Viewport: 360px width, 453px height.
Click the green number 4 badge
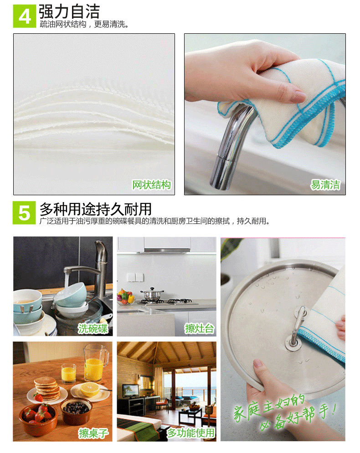[x=25, y=16]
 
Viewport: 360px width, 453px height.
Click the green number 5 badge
[x=24, y=213]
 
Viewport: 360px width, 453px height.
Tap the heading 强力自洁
[x=69, y=12]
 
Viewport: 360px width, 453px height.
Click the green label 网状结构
[x=151, y=185]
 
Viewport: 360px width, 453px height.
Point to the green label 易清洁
[x=325, y=185]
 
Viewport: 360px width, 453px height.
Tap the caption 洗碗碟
[x=93, y=328]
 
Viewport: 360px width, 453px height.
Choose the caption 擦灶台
[x=200, y=328]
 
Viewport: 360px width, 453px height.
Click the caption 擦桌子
[x=93, y=433]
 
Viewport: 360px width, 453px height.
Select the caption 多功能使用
[x=191, y=433]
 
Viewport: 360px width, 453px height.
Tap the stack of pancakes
[x=46, y=388]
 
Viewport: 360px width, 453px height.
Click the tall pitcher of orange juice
[x=95, y=363]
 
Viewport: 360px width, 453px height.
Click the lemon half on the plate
[x=90, y=389]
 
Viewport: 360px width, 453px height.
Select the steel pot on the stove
[x=151, y=294]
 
